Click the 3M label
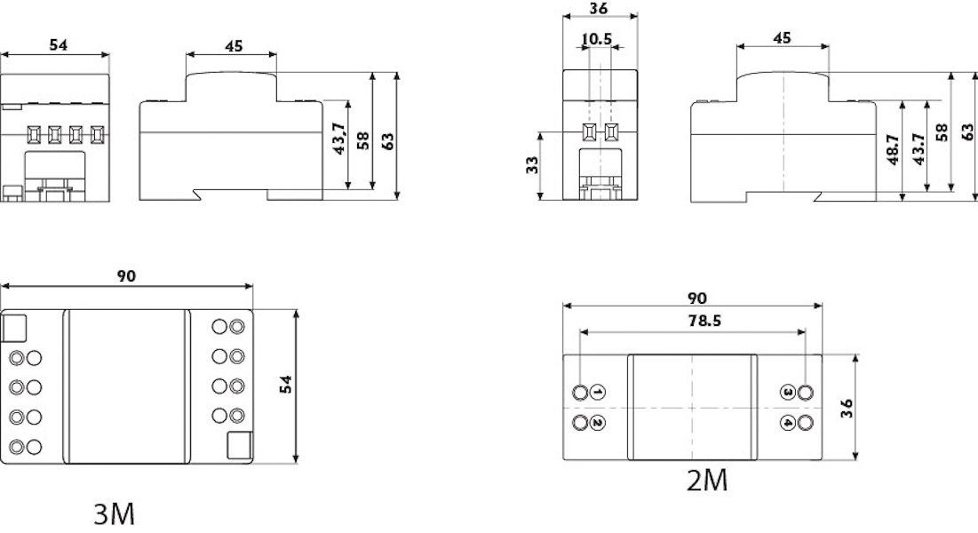tap(114, 514)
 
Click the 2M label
tap(707, 481)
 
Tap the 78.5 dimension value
tap(704, 321)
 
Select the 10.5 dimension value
tap(597, 39)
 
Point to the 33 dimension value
tap(532, 164)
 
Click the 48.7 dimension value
tap(894, 150)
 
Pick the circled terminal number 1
tap(598, 393)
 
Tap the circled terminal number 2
tap(598, 423)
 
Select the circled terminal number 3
tap(788, 393)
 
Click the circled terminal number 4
tap(788, 423)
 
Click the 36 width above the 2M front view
tap(598, 9)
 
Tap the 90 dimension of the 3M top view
tap(126, 276)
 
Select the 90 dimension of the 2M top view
tap(698, 298)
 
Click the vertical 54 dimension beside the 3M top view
tap(286, 384)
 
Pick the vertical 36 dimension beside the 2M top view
tap(847, 409)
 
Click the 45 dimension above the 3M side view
tap(234, 46)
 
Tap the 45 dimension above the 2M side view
tap(783, 38)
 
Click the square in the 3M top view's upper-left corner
tap(13, 329)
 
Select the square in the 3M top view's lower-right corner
tap(240, 446)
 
